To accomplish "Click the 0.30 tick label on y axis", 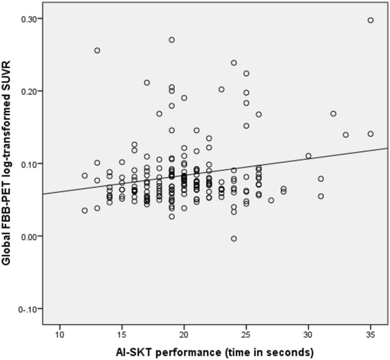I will (31, 19).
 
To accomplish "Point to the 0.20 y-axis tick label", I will (31, 91).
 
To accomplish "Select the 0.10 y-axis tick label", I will (31, 163).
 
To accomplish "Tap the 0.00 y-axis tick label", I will (31, 236).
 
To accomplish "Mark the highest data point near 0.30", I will (371, 20).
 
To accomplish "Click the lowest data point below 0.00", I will (234, 239).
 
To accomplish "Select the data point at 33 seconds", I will (346, 135).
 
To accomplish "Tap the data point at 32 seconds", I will (333, 114).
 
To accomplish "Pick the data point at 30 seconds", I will (309, 156).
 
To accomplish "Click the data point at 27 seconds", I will (271, 200).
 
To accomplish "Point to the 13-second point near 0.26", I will (97, 50).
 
